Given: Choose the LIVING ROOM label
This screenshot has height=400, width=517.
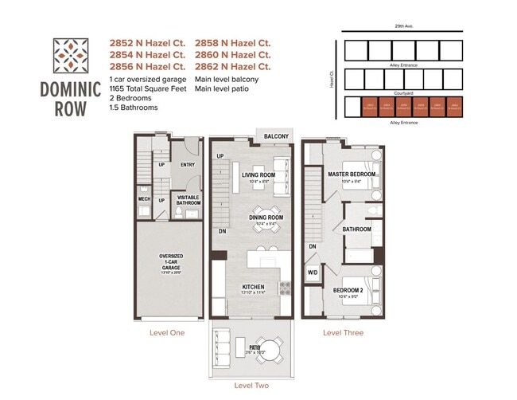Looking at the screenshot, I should [258, 175].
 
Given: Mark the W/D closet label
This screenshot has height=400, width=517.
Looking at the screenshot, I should [313, 273].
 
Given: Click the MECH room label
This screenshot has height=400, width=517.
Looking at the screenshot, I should [144, 199].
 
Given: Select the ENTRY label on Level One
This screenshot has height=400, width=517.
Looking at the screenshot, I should [188, 165].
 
